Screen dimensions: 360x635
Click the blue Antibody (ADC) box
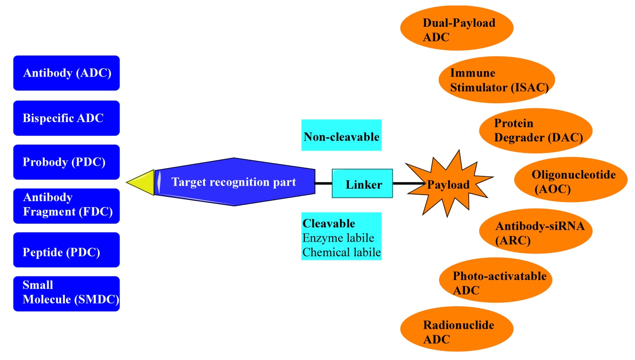point(66,73)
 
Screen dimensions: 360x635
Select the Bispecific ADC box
point(66,118)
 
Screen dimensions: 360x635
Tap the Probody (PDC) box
point(66,162)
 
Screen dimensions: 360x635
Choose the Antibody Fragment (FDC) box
point(66,206)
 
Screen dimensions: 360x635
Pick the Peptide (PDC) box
point(66,250)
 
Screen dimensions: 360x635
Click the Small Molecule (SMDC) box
point(66,293)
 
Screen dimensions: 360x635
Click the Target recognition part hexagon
point(234,182)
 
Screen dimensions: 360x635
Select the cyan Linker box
point(363,184)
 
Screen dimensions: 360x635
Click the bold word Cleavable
point(329,224)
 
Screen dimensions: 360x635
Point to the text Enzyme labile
point(338,238)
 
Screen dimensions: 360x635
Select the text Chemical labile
point(341,252)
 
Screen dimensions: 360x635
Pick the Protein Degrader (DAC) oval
point(535,130)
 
